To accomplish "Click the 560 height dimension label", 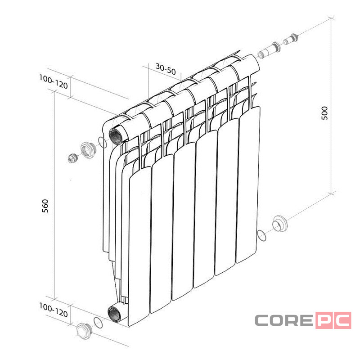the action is pos(45,206).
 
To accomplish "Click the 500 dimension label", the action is pos(324,113).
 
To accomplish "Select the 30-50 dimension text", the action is pos(166,69).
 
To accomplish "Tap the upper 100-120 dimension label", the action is pos(54,81).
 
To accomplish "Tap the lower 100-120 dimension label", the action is pos(54,310).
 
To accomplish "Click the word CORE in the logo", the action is pos(284,320).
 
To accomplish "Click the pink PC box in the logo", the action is pos(333,320).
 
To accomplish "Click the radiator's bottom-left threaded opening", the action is pos(114,314).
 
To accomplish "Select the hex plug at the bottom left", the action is pos(84,331).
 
